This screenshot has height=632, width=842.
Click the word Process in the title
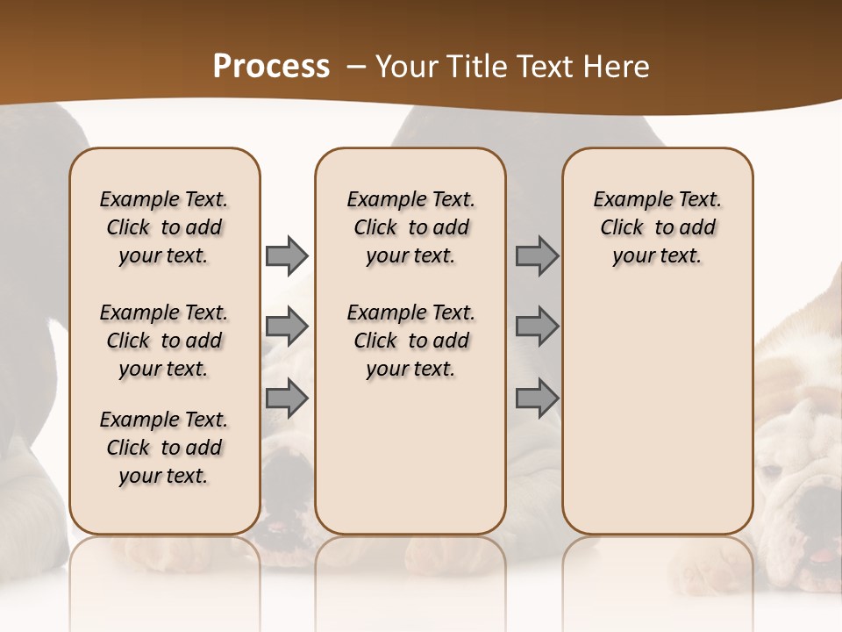pos(271,67)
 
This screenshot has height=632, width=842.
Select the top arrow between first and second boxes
pos(287,255)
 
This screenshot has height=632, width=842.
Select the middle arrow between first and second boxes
pos(287,327)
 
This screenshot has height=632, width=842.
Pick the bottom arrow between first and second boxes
pos(287,399)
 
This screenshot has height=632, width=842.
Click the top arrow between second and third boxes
pos(537,255)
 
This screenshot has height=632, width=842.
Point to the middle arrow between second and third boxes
pos(537,327)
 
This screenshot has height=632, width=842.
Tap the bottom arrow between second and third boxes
pos(537,399)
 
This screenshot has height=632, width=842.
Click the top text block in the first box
pos(164,227)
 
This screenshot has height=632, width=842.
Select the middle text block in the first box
pos(164,341)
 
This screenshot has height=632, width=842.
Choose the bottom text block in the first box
pos(164,448)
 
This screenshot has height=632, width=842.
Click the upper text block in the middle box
pos(410,227)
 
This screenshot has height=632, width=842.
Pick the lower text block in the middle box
pos(410,341)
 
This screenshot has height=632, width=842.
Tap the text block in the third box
pos(657,227)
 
